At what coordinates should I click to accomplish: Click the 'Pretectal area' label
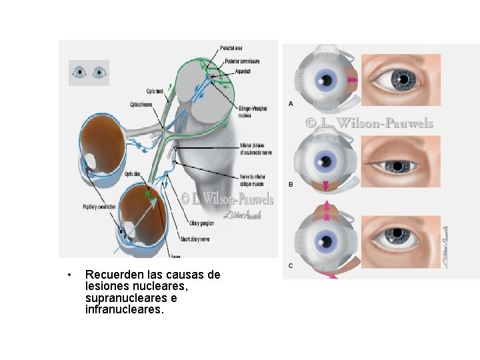pos(233,47)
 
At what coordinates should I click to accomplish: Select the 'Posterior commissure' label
pos(241,61)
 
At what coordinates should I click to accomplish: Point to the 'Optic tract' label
pos(155,91)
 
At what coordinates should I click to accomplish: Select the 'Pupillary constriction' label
pos(99,207)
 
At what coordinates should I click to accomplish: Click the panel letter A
pos(291,103)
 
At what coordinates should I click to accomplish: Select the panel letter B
pos(291,184)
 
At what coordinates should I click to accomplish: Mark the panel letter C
pos(291,265)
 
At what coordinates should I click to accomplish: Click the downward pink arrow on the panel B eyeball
pos(326,185)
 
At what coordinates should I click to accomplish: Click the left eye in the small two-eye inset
pos(80,71)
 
